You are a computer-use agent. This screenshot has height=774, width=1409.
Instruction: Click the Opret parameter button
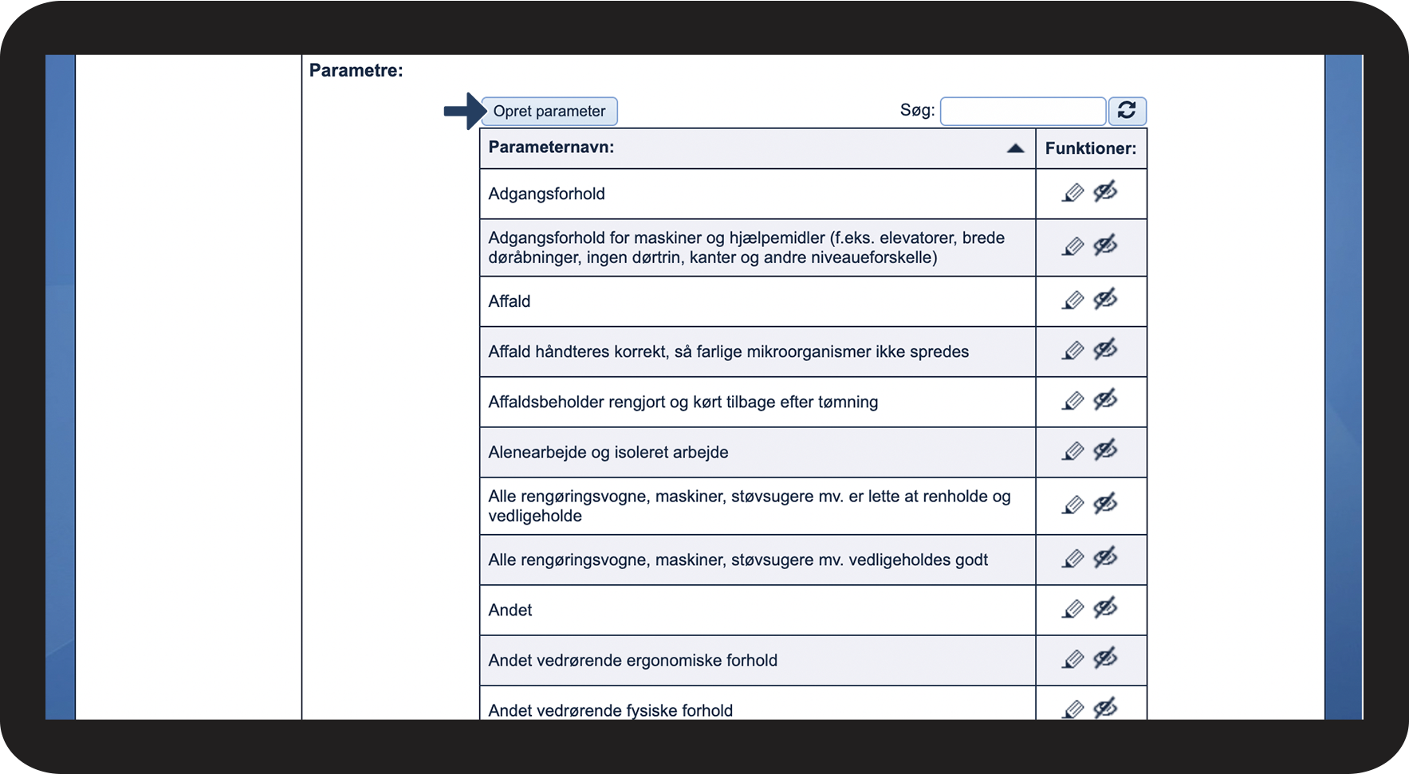pos(549,112)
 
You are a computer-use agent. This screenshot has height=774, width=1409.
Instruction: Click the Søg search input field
pos(1022,112)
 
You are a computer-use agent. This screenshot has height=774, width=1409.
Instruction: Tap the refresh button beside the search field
pos(1127,111)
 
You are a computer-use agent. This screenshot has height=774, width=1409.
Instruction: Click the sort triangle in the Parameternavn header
pos(1015,148)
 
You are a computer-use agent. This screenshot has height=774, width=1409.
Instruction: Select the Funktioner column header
pos(1090,148)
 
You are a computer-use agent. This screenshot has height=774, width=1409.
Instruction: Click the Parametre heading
pos(356,70)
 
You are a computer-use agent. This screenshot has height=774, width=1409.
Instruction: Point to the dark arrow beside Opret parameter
pos(464,111)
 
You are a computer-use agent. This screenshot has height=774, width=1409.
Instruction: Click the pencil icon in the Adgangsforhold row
pos(1072,194)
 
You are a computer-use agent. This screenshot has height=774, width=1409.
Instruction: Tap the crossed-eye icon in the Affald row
pos(1105,300)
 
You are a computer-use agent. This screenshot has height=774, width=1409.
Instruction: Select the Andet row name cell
pos(510,611)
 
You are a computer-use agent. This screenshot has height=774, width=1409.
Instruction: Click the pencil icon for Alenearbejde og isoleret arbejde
pos(1072,452)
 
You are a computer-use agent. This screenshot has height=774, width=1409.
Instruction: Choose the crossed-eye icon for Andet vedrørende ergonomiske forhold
pos(1105,658)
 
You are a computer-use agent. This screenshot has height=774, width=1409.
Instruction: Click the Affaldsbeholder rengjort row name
pos(683,403)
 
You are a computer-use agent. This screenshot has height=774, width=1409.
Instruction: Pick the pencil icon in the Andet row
pos(1072,610)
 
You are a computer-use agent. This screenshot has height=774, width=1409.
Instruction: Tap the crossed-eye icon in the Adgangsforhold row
pos(1105,192)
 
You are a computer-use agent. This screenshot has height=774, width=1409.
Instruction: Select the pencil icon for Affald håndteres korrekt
pos(1072,352)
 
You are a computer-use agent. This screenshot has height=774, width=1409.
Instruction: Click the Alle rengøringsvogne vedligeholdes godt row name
pos(738,560)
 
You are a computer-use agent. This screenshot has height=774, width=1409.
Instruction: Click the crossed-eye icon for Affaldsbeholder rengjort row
pos(1105,400)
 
